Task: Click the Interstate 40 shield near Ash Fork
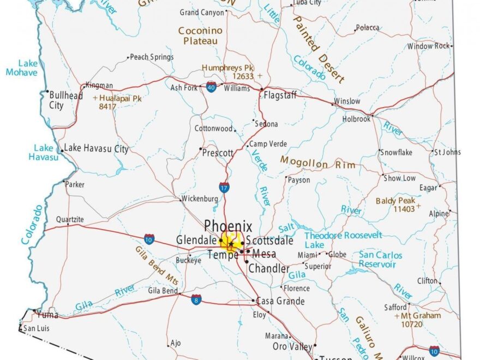click(211, 87)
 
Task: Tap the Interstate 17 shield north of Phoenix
click(224, 188)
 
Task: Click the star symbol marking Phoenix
click(231, 243)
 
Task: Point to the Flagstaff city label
click(280, 95)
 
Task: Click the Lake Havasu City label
click(97, 148)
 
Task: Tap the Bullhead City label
click(66, 100)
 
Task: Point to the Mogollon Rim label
click(317, 163)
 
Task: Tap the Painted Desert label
click(319, 49)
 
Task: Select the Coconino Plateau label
click(200, 36)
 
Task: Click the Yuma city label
click(48, 315)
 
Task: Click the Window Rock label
click(428, 46)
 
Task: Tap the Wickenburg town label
click(199, 199)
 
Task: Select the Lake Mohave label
click(22, 68)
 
